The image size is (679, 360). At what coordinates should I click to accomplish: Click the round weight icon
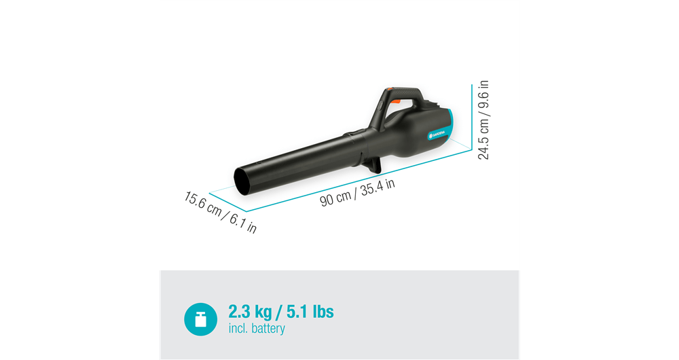(200, 319)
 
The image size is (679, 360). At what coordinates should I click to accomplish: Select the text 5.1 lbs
(309, 312)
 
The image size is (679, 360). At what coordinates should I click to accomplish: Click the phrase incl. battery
(257, 329)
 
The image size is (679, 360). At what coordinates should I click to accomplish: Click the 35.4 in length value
(378, 187)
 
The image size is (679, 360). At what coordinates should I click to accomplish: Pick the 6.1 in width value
(242, 221)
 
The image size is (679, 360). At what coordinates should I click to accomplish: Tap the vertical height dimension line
(472, 115)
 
